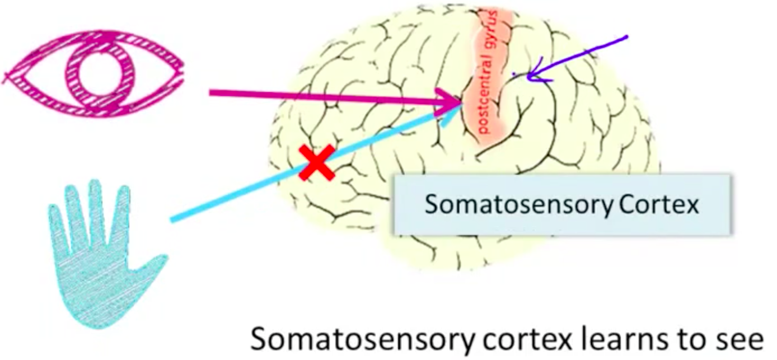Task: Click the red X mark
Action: (317, 162)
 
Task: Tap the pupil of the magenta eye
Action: (93, 71)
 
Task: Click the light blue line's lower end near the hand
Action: (172, 220)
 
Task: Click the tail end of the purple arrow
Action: (627, 37)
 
